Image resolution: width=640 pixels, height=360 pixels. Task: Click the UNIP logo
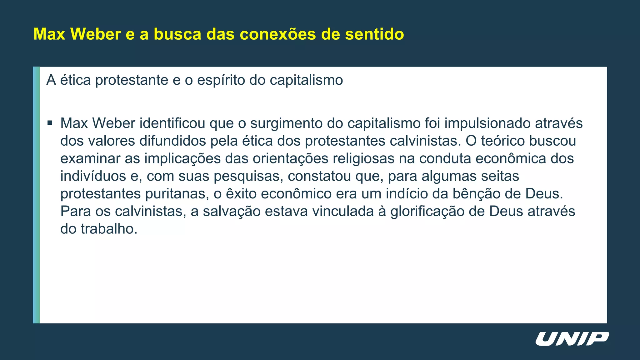(572, 339)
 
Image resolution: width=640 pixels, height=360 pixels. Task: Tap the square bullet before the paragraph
(50, 123)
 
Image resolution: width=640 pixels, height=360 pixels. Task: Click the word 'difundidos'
(172, 141)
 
